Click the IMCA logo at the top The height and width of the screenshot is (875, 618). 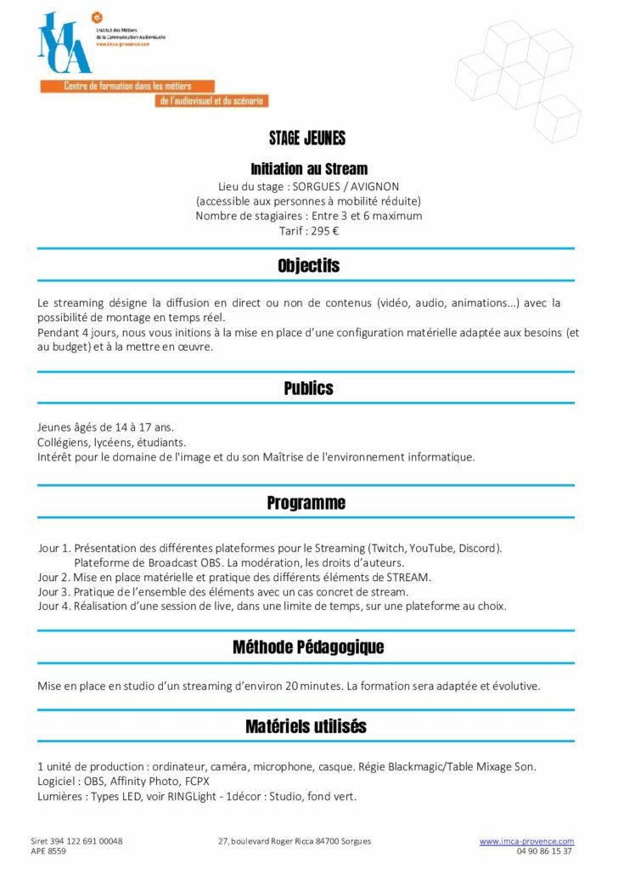[x=64, y=43]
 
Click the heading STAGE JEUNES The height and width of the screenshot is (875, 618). [x=307, y=138]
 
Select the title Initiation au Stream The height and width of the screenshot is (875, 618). [x=308, y=169]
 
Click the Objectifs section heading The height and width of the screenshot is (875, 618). [x=308, y=266]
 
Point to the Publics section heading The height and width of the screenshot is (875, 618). [x=308, y=388]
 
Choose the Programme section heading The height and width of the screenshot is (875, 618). [x=306, y=503]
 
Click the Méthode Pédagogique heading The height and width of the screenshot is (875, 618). [x=308, y=647]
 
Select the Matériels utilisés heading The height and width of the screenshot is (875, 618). [x=306, y=726]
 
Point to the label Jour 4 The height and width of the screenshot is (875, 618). [x=53, y=607]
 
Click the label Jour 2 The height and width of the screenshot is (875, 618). [x=53, y=577]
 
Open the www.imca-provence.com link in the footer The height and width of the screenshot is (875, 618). [x=526, y=841]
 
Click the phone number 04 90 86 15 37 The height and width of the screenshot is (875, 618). [x=543, y=851]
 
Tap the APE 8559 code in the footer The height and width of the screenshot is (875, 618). [x=48, y=851]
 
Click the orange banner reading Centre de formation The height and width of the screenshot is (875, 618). [x=127, y=87]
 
